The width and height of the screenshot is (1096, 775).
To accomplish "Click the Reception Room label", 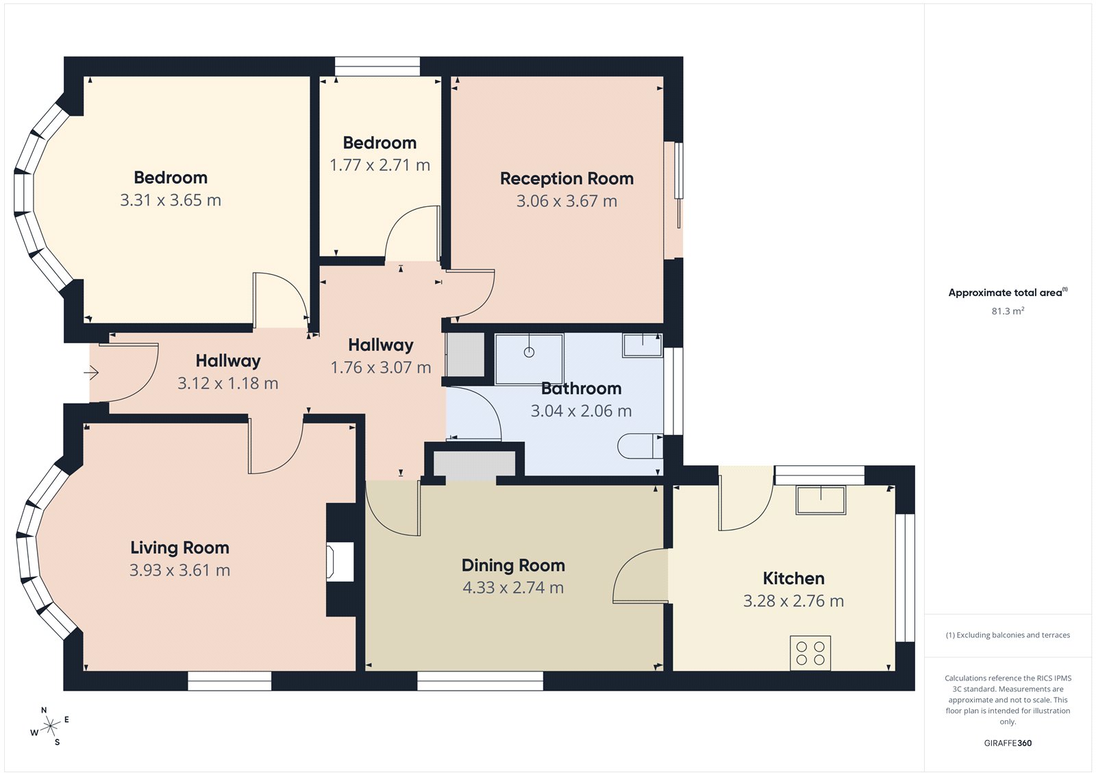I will coord(566,179).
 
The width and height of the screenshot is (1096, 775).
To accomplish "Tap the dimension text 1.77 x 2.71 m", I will coord(379,165).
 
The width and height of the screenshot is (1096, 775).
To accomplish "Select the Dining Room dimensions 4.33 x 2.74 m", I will coord(513,588).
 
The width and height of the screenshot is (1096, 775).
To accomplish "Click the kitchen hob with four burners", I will coord(810,653).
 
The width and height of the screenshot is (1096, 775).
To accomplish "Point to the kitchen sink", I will coord(821,500).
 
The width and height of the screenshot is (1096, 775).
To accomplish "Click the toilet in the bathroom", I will coord(640,446).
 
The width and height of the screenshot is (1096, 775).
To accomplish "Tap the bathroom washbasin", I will coord(643,345).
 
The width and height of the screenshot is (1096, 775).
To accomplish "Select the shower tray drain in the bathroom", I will coord(529,352).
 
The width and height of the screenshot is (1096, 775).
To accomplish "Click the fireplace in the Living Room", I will coord(340,561).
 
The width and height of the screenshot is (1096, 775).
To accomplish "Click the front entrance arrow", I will coord(91,373).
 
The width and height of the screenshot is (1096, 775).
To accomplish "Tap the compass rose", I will coord(50,727).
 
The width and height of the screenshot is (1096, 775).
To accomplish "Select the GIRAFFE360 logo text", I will coord(1008,743).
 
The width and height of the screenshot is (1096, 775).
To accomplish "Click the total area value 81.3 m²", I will coord(1008,311).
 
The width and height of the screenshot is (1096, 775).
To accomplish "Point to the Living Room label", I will coord(179,548).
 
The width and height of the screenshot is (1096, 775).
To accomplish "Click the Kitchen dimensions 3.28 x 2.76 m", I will coord(793,601).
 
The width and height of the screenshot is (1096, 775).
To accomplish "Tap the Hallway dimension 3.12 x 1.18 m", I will coord(227,384).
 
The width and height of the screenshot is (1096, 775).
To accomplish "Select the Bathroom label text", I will coord(581,389).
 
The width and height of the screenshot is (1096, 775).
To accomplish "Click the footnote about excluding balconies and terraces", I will coord(1008,635).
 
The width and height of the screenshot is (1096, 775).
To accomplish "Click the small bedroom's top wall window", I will coord(377,66).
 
